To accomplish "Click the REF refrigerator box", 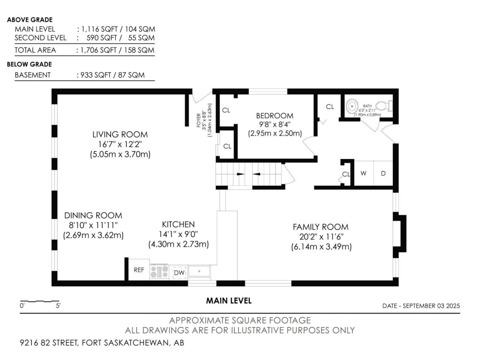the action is (139, 270).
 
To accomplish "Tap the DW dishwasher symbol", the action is (179, 272).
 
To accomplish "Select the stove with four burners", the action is (159, 272).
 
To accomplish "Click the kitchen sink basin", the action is (199, 271).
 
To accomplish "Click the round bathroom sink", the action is (352, 106).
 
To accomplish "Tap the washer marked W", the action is (363, 173).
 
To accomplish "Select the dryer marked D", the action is (383, 173).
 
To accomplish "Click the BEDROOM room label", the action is (274, 115).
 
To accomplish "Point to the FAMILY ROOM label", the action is (321, 227).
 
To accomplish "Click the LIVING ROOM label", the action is (120, 134).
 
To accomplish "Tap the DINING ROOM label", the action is (93, 216).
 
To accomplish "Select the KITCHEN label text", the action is (178, 225).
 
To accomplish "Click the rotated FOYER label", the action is (198, 120).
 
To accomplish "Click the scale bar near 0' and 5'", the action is (40, 301).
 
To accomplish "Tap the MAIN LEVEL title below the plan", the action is (229, 301).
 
